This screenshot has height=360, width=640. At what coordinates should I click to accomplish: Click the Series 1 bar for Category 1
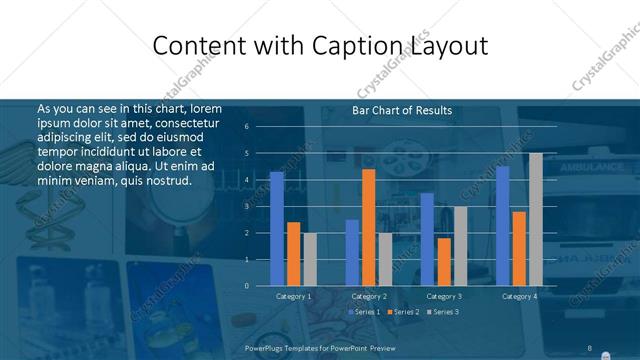276,228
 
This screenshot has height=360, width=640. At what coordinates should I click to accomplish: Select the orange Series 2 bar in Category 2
368,227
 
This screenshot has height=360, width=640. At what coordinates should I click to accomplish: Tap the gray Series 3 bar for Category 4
535,219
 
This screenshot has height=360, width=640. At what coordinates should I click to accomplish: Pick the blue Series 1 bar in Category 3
427,239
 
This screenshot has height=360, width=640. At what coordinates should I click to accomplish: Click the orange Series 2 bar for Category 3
443,261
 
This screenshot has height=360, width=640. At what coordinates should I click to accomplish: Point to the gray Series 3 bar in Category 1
309,259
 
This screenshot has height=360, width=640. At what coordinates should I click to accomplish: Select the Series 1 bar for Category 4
502,225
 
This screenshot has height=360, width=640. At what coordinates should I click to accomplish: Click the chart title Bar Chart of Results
402,110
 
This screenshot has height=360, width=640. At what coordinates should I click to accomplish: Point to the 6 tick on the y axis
246,127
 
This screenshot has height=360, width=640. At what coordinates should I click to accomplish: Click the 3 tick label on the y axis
246,206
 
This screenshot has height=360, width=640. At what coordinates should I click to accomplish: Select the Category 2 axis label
369,297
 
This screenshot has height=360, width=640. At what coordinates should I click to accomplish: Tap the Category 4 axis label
519,297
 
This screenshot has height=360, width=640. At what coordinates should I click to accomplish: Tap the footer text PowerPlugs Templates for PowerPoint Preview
320,348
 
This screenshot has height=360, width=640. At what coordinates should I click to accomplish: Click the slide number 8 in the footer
590,348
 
